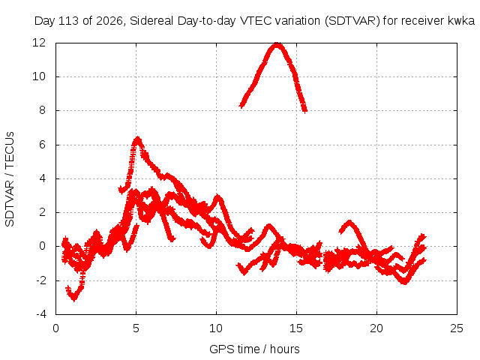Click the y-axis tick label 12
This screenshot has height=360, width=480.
click(39, 43)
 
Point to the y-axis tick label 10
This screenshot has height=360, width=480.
click(39, 76)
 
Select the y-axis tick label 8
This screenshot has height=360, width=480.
click(42, 110)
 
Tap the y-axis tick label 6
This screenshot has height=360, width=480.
click(42, 145)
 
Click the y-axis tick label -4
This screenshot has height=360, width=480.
click(40, 314)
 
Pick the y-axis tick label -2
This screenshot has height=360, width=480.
click(40, 280)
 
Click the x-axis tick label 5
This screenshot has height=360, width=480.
click(136, 328)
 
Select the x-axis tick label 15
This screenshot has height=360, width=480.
click(296, 328)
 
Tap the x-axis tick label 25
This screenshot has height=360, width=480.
click(457, 328)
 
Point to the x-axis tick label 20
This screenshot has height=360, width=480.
click(376, 328)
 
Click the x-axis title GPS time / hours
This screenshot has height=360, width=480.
click(254, 349)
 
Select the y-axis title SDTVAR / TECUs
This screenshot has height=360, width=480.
click(10, 179)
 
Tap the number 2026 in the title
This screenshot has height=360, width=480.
click(109, 21)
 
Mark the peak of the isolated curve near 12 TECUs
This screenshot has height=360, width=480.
click(277, 45)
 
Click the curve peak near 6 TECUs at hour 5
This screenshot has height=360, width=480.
click(138, 138)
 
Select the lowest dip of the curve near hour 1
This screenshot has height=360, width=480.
click(73, 299)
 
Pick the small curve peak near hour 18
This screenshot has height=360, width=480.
click(349, 222)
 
